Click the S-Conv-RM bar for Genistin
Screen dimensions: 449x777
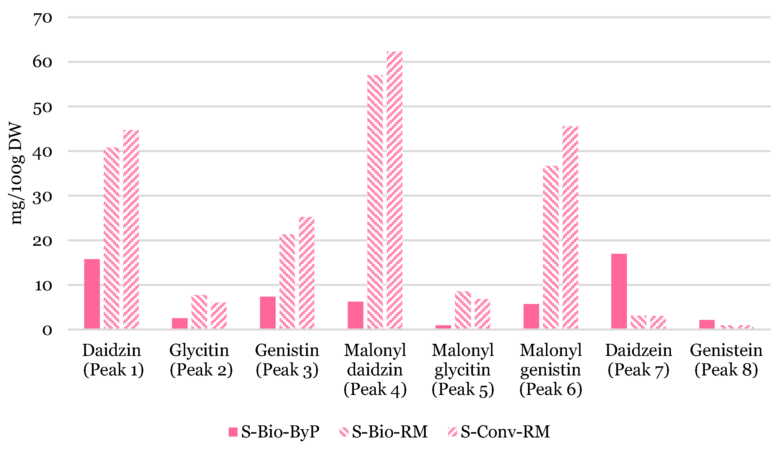click(306, 273)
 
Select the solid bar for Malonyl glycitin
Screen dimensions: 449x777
click(443, 327)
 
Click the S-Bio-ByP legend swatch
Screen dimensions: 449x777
click(233, 432)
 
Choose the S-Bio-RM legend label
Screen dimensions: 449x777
click(390, 432)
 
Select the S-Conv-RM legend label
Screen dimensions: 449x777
click(505, 432)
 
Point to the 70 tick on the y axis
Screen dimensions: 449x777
click(43, 19)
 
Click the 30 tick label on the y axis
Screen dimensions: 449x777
click(43, 197)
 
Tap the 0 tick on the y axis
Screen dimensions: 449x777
click(47, 331)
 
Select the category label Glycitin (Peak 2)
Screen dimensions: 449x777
click(201, 360)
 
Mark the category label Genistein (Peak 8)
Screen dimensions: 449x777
click(726, 360)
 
